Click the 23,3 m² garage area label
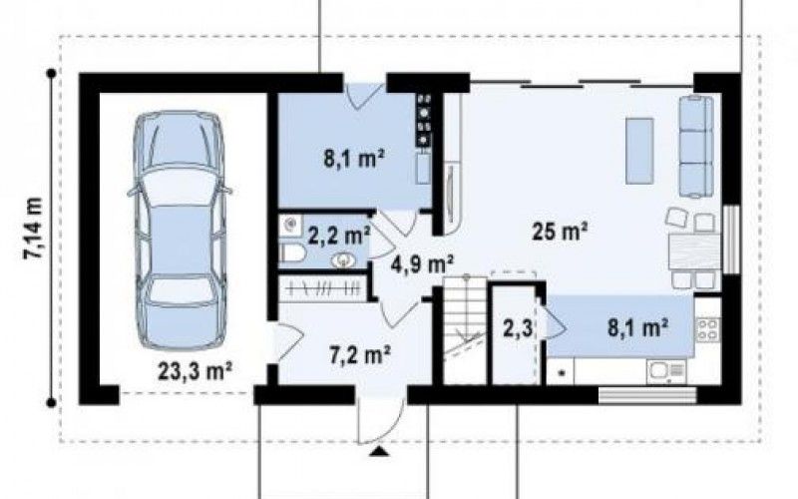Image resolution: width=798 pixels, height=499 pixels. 195,371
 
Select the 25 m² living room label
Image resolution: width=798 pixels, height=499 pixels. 560,233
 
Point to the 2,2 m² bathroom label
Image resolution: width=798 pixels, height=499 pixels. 338,236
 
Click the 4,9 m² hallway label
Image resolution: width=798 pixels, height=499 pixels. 422,264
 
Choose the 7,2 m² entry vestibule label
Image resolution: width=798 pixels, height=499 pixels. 360,354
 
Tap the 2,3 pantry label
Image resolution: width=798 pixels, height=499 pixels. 518,328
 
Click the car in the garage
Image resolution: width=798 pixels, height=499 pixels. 180,231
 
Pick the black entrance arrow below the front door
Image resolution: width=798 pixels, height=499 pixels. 378,452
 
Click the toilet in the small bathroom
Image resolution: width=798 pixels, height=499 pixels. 291,252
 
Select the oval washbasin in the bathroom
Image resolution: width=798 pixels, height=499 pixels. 344,260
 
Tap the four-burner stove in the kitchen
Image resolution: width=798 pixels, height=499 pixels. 708,329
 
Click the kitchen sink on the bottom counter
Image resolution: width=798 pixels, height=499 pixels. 666,371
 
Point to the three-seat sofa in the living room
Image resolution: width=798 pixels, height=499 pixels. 696,146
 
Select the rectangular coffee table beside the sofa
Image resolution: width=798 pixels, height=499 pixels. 639,151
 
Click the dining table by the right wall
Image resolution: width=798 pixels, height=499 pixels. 694,250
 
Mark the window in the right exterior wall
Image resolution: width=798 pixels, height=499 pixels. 731,240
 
